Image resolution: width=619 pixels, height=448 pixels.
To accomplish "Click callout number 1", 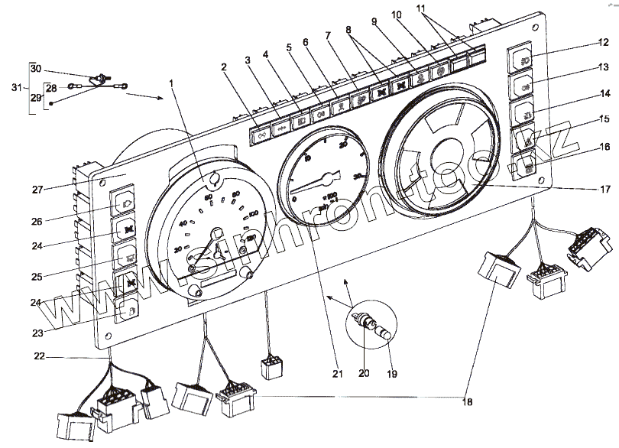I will pos(173,82).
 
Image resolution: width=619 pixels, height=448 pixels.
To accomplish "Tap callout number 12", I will pos(603,42).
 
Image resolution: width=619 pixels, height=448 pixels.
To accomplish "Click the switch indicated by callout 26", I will pos(125,203).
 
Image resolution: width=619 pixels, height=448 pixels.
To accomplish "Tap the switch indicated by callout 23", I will pos(125,312).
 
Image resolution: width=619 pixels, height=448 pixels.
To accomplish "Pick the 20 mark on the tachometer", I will pos(343,143).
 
